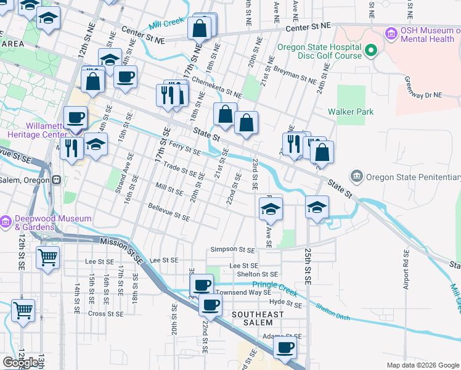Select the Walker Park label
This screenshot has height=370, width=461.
click(x=351, y=112)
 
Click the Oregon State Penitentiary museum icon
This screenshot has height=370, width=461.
click(x=357, y=177)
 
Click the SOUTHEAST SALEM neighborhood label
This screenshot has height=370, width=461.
click(x=258, y=319)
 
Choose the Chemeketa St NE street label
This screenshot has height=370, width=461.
click(x=216, y=87)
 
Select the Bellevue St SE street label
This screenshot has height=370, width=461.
click(x=169, y=212)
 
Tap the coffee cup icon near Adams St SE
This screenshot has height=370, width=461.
click(x=285, y=347)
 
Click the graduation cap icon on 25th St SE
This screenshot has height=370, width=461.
click(x=317, y=207)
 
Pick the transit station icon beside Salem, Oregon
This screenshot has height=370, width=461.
click(x=56, y=179)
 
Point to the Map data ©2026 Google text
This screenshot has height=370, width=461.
click(x=422, y=365)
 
